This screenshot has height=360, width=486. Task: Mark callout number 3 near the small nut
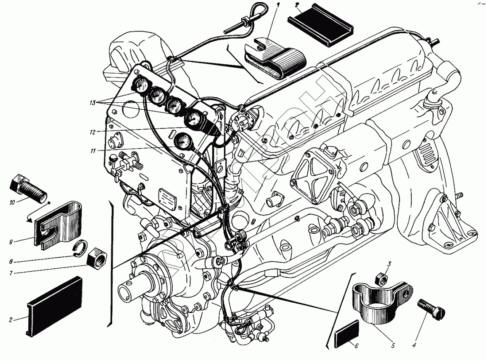point(389,264)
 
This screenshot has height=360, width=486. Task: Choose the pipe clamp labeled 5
point(377,302)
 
